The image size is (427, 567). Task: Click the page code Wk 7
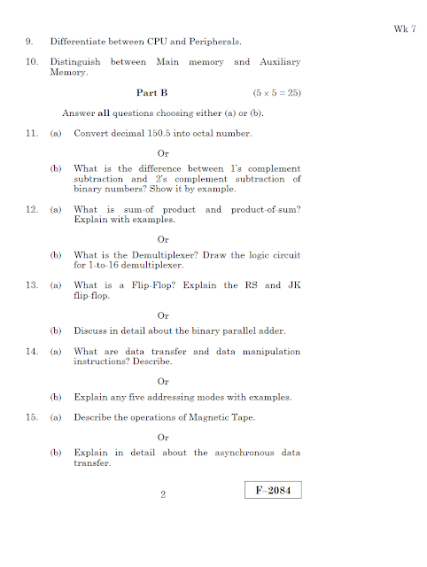tap(404, 29)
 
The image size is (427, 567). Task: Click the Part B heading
tap(151, 92)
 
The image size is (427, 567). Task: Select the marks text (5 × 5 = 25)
tap(277, 92)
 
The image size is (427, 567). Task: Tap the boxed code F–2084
tap(273, 490)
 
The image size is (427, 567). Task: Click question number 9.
tap(30, 41)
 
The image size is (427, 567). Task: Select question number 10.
tap(32, 62)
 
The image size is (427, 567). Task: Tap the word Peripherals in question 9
tap(215, 41)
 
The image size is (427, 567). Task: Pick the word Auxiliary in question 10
tap(280, 62)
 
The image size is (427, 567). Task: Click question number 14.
tap(32, 352)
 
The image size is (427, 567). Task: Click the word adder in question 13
tap(272, 331)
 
